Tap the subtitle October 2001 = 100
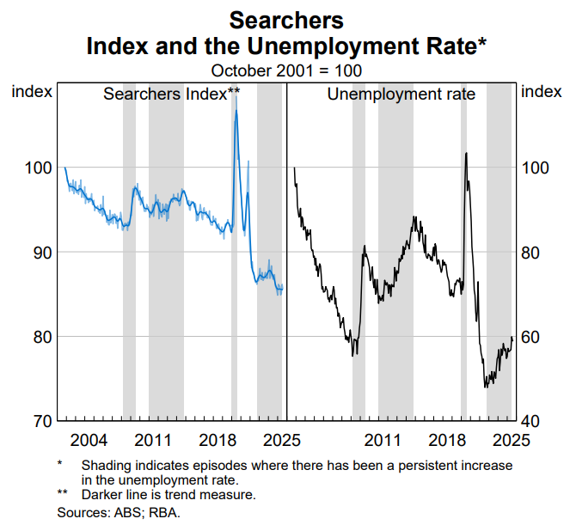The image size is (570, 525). click(286, 70)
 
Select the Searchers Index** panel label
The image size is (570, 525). click(171, 94)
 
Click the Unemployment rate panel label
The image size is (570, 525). click(401, 94)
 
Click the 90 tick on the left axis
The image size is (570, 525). click(39, 252)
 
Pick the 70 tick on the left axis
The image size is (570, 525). click(39, 421)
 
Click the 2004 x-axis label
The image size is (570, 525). click(89, 441)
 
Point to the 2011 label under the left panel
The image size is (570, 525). click(153, 441)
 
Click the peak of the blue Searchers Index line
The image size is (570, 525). click(236, 111)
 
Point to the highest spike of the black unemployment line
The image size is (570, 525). click(466, 153)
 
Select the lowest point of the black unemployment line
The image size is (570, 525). click(486, 387)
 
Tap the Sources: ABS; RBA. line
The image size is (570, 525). click(118, 512)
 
